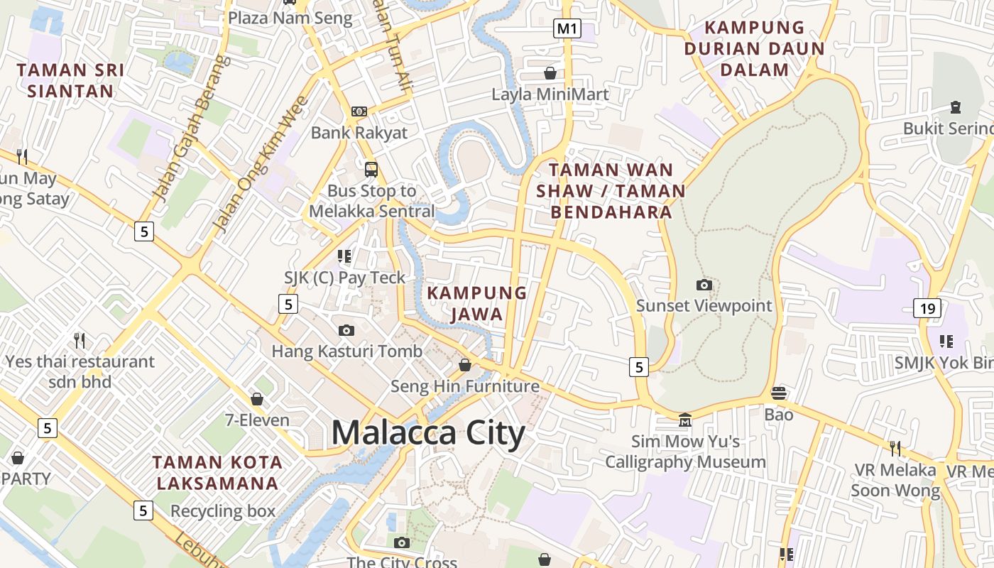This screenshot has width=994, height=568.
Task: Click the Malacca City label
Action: tap(428, 432)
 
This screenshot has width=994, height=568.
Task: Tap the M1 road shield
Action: tap(567, 28)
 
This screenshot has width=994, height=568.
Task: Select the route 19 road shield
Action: tap(927, 307)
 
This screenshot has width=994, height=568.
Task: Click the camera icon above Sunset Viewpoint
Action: tap(704, 285)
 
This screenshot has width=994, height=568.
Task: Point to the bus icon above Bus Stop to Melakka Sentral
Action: tap(371, 169)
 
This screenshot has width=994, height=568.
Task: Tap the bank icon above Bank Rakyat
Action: tap(359, 111)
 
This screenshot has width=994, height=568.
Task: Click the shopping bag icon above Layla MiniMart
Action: tap(550, 72)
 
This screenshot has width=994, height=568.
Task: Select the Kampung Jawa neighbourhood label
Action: tap(476, 303)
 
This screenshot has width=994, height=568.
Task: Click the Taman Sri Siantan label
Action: tap(70, 80)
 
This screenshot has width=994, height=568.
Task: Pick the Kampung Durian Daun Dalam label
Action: tap(754, 49)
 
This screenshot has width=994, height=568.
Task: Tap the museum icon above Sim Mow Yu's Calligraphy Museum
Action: tap(685, 420)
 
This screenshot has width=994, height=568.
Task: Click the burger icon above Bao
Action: tap(779, 393)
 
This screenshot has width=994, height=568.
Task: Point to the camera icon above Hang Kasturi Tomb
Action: tap(346, 330)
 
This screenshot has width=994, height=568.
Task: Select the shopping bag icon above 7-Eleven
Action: tap(257, 399)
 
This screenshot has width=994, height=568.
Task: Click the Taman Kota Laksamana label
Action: tap(217, 473)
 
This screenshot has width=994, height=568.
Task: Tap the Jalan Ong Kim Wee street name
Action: tap(261, 165)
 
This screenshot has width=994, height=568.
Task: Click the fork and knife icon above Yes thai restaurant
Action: tap(80, 341)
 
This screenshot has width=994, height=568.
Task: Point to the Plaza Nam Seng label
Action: tap(290, 18)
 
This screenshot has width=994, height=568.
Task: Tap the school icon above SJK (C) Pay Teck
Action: tap(344, 256)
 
